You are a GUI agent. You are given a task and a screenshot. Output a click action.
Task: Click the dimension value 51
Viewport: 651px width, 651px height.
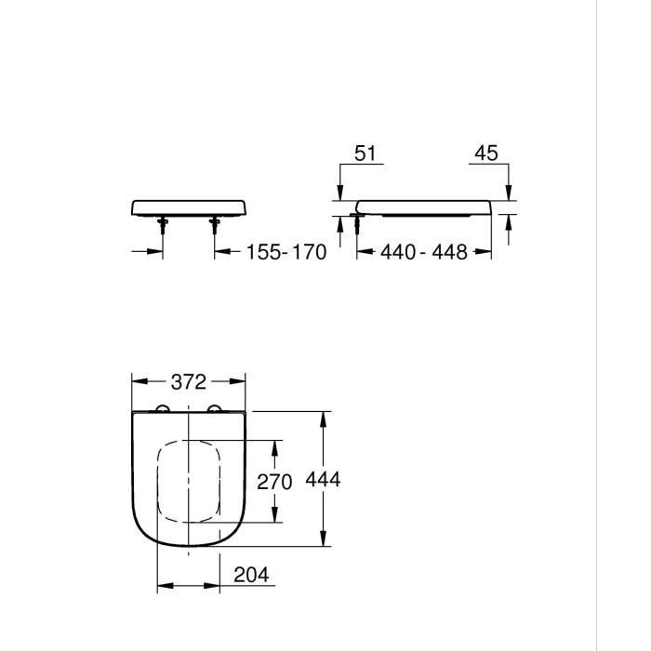[x=367, y=153]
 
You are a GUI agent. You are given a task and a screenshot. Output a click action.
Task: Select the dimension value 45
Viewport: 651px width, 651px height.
[x=485, y=153]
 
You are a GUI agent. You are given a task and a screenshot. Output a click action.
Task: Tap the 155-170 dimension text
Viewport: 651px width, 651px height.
[x=286, y=252]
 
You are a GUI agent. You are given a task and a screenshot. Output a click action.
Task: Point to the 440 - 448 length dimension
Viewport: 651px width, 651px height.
[x=424, y=252]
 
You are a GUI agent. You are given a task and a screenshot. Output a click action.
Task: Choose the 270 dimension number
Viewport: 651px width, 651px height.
[x=274, y=482]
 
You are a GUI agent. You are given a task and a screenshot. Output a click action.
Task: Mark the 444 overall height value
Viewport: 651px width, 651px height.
[x=325, y=480]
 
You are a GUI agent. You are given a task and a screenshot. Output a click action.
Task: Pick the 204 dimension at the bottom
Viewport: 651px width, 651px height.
[x=251, y=576]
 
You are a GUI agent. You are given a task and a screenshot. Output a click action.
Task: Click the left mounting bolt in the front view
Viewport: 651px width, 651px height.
[x=162, y=223]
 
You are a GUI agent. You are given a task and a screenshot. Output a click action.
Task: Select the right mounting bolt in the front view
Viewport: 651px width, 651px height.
[x=216, y=223]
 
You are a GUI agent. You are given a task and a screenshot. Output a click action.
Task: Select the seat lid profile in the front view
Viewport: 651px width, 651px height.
[x=189, y=206]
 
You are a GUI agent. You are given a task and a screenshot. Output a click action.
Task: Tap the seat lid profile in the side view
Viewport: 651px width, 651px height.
[x=424, y=206]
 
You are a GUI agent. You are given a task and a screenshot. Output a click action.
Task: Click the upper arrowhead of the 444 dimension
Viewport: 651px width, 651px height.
[x=325, y=417]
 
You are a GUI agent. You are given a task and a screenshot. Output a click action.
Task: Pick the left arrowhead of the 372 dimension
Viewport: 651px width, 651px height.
[x=138, y=381]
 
